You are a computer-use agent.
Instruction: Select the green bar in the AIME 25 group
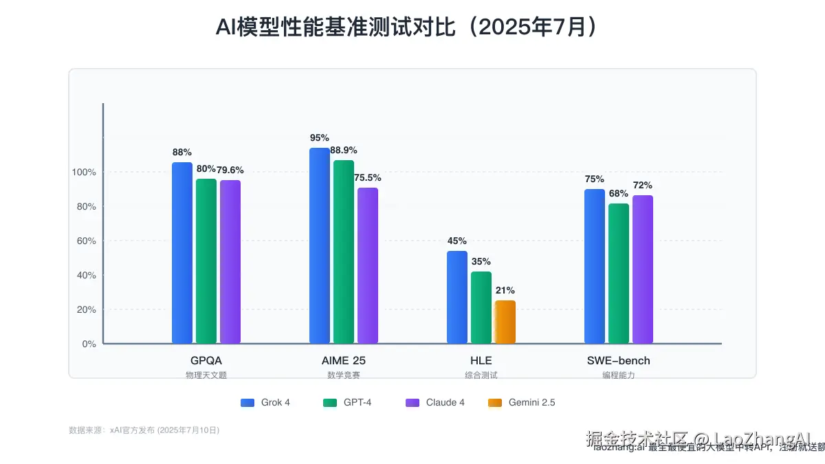point(344,252)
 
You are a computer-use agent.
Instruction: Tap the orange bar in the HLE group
point(505,322)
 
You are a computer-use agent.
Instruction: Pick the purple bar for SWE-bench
point(643,269)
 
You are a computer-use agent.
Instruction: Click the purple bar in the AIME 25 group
point(368,265)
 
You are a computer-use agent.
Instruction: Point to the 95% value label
point(320,137)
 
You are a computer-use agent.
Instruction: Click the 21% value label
point(505,290)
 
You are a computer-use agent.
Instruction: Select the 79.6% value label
point(230,170)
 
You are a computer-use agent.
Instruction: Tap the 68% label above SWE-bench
point(619,193)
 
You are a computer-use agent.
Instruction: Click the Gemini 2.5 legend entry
point(522,403)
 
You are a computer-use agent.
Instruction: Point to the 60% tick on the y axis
point(86,241)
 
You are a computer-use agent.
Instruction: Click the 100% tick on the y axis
point(84,172)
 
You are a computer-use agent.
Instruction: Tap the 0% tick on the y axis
point(89,344)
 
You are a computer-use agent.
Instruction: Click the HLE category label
point(481,360)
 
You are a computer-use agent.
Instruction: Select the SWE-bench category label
point(618,360)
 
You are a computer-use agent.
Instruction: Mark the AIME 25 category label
point(344,360)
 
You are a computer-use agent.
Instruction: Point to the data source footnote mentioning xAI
point(144,430)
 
